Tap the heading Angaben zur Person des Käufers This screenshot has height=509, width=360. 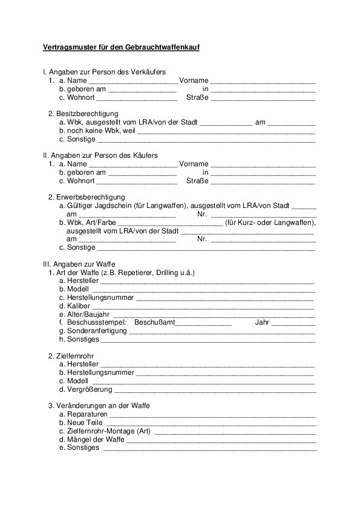(100, 155)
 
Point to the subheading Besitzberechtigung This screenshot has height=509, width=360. (87, 114)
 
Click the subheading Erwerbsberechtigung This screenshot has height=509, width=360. (90, 197)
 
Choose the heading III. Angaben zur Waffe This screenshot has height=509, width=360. (79, 264)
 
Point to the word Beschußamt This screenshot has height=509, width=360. (154, 323)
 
